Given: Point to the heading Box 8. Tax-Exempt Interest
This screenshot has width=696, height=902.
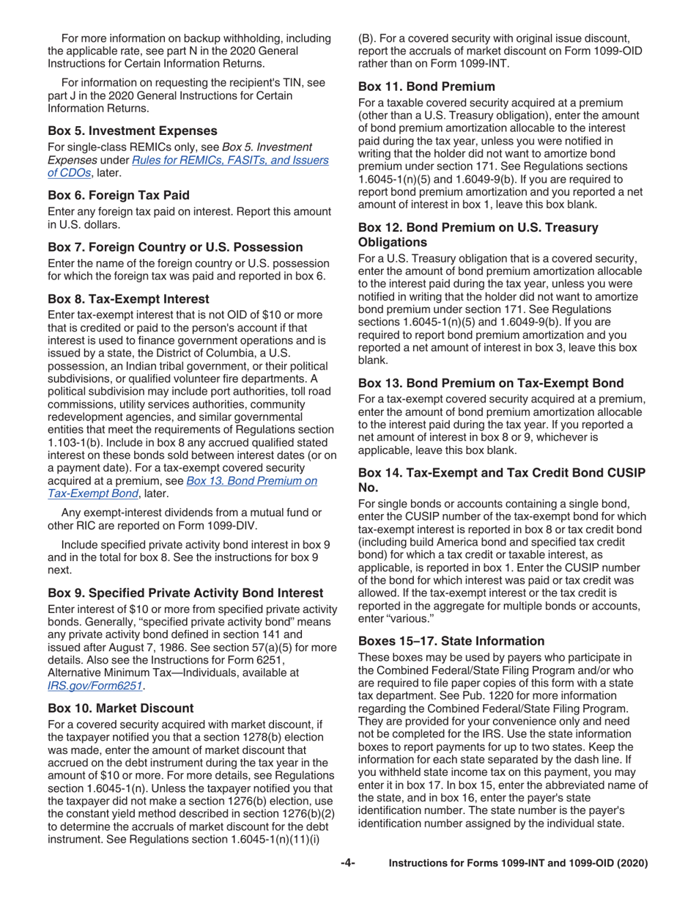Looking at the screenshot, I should pos(128,298).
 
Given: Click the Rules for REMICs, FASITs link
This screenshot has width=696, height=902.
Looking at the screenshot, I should pos(230,161).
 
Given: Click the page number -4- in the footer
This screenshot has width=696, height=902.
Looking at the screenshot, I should pos(349,864).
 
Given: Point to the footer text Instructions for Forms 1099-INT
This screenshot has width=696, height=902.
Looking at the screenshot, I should pos(519,864).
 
